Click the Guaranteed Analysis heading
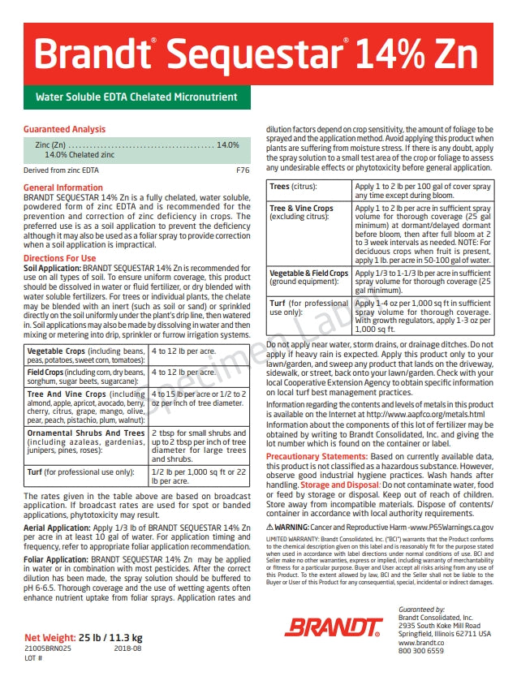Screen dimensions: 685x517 (x=65, y=129)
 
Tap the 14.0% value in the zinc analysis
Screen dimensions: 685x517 (x=227, y=144)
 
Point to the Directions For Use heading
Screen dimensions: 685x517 (x=60, y=259)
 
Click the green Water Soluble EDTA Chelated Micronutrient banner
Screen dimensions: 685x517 (x=136, y=97)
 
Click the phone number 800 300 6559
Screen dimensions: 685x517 (x=421, y=651)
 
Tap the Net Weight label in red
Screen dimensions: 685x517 (x=50, y=636)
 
